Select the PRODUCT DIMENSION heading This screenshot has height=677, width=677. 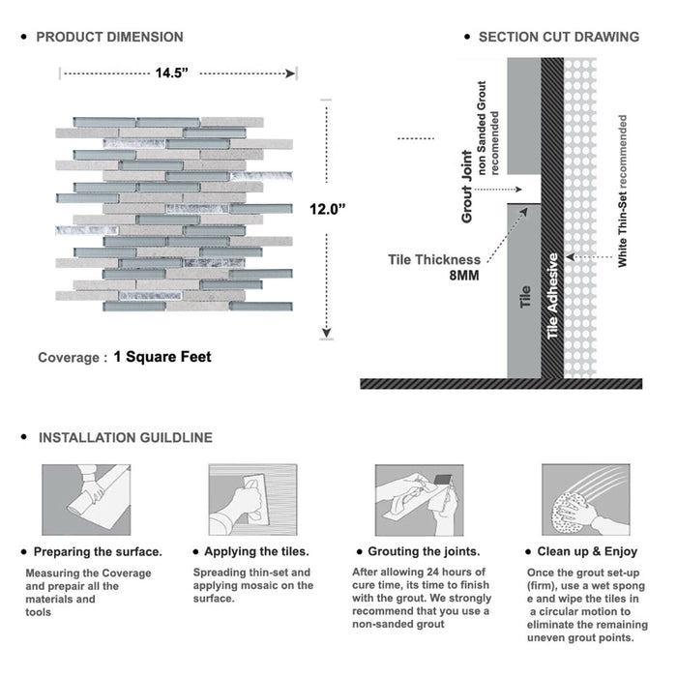(x=109, y=38)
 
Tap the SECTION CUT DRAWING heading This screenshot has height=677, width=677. (x=558, y=38)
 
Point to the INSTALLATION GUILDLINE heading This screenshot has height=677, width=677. (x=125, y=438)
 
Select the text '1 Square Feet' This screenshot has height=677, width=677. (x=162, y=357)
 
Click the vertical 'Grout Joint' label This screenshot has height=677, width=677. (x=467, y=187)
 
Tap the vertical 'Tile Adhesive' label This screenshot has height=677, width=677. (x=553, y=296)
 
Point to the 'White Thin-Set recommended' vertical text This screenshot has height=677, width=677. (x=623, y=191)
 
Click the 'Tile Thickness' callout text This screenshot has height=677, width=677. (x=434, y=259)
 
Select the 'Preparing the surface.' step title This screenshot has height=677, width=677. (x=98, y=552)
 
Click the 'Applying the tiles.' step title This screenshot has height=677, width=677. (x=251, y=552)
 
